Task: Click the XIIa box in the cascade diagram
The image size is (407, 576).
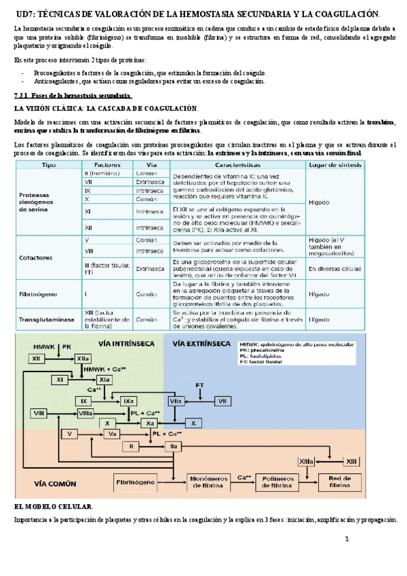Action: point(82,358)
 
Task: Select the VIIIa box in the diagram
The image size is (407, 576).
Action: point(85,413)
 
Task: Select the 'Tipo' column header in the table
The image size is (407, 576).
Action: point(49,164)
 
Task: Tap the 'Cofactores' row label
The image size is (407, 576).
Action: point(35,259)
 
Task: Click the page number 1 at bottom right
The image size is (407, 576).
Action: point(347,539)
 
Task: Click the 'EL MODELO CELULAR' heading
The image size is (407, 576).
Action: point(54,507)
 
